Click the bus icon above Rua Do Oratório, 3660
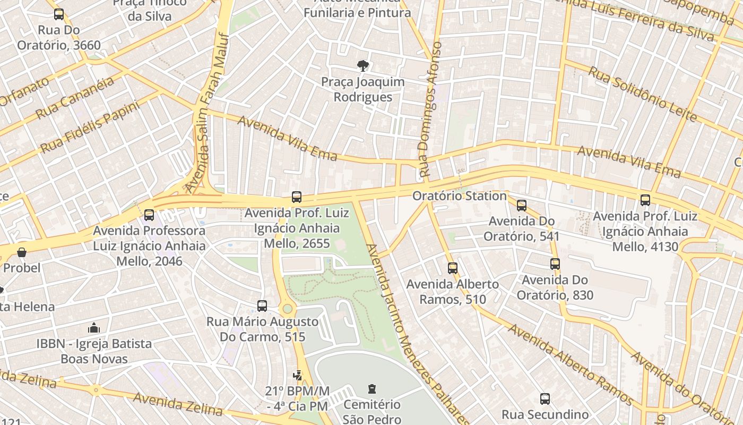(x=59, y=14)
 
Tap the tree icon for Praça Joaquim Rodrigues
(x=363, y=66)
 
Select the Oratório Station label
(x=460, y=196)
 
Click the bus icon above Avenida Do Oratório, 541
(x=522, y=205)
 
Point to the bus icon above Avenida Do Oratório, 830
(x=555, y=263)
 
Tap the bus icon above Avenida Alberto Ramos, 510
(x=453, y=268)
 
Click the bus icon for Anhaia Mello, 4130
(x=645, y=200)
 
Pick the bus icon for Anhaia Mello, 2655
(x=297, y=197)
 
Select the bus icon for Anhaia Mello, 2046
(x=149, y=215)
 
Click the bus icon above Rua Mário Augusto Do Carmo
(x=262, y=305)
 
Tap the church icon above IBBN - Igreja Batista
(x=94, y=327)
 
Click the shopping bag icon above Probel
(x=22, y=252)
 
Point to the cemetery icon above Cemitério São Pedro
(x=372, y=389)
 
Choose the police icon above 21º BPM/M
(x=298, y=375)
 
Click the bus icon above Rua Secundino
(x=545, y=398)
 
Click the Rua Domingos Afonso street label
(x=430, y=109)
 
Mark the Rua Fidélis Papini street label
(x=90, y=127)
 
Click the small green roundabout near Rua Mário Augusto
(x=288, y=308)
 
